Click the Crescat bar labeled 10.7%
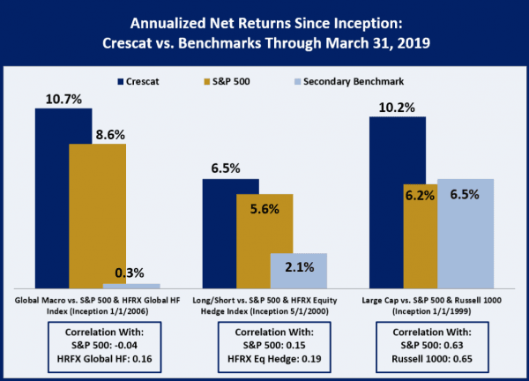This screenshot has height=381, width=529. point(64,198)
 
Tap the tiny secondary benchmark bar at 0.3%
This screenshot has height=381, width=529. point(131,286)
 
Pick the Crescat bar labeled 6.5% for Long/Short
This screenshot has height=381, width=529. point(231,234)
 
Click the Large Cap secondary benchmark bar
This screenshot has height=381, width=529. point(465,234)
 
